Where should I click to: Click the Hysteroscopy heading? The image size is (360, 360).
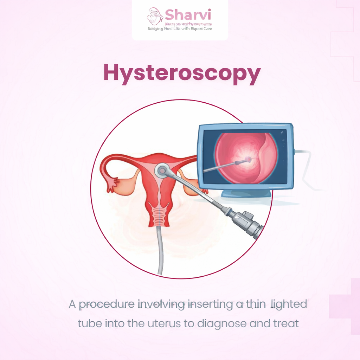(182, 73)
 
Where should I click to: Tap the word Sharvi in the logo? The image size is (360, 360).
(188, 15)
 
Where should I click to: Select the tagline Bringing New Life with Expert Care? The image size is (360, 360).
(180, 28)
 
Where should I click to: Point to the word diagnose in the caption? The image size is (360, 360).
(221, 323)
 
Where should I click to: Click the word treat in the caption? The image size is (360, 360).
(286, 323)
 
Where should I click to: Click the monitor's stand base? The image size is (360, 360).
(246, 194)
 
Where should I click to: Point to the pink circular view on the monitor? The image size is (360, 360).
(246, 158)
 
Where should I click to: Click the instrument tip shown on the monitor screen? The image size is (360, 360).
(248, 160)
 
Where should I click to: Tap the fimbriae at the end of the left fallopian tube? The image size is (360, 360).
(112, 185)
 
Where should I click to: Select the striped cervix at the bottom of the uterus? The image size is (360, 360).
(160, 216)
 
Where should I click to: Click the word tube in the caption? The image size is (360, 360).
(90, 323)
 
